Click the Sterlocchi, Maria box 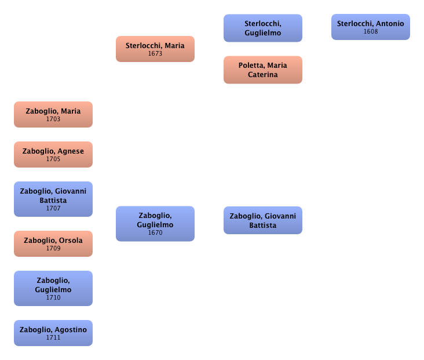click(155, 49)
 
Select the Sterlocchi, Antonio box click(371, 27)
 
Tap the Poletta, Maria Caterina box click(263, 70)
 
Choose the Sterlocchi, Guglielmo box click(263, 28)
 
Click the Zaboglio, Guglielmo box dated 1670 click(155, 224)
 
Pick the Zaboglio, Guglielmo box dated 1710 click(53, 288)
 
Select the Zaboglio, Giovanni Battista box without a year click(263, 220)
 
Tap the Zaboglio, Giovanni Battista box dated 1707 click(53, 199)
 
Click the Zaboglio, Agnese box click(53, 154)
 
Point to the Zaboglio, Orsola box click(53, 243)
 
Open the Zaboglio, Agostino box click(53, 333)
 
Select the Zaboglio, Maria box click(53, 114)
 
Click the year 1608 click(371, 31)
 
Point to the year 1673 click(155, 53)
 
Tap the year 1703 click(53, 119)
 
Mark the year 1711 click(53, 337)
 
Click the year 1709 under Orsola click(53, 248)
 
